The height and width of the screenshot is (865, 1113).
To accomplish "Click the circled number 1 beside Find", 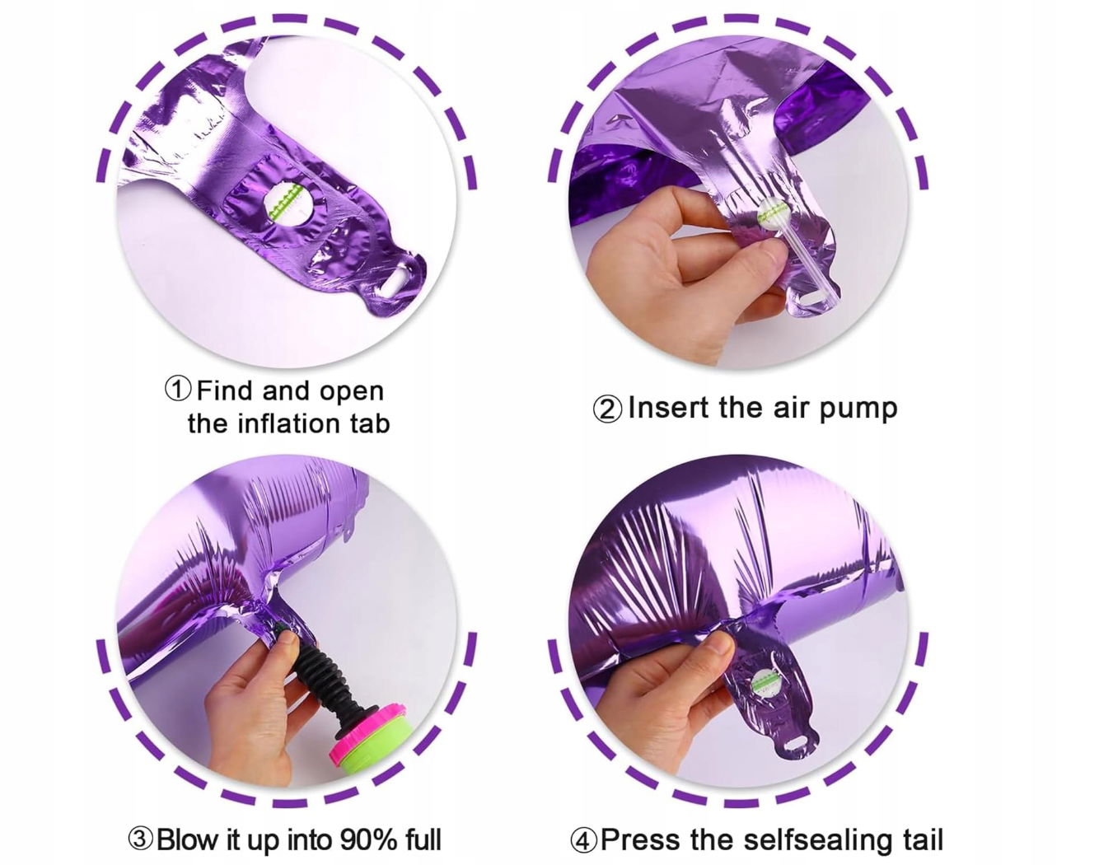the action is tap(178, 390).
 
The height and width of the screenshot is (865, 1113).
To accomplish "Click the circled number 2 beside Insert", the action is tap(607, 409).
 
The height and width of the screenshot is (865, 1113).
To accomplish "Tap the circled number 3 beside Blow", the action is tap(140, 839).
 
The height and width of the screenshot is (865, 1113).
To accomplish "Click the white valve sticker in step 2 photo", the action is tap(773, 214).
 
